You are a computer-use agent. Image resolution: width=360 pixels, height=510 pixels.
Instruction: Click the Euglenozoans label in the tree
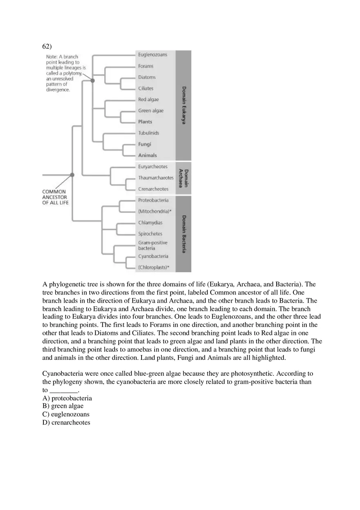[152, 55]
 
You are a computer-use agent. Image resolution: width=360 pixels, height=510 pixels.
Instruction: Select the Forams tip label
[146, 66]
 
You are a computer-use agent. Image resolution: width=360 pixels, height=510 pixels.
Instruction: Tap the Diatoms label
[147, 77]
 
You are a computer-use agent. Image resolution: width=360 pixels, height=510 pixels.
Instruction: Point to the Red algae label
[148, 99]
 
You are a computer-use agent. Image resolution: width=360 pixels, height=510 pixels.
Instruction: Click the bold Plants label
[145, 122]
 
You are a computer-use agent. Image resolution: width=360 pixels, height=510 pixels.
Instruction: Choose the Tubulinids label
[148, 133]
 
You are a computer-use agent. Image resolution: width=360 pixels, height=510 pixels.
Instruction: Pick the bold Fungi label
[144, 144]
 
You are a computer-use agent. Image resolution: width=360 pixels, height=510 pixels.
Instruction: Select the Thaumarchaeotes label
[155, 178]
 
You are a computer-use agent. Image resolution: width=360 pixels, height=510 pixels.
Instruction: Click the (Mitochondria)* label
[154, 211]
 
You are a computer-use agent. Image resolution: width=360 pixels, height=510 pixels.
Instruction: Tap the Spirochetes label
[150, 234]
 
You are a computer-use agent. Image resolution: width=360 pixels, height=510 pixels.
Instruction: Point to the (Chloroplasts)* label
[154, 267]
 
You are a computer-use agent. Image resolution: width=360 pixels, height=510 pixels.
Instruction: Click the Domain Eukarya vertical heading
[184, 105]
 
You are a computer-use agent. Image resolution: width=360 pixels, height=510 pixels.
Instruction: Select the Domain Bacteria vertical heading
[184, 234]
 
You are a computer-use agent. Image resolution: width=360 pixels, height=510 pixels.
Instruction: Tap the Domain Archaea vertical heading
[184, 178]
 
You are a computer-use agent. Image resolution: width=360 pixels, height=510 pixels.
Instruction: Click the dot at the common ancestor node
[72, 175]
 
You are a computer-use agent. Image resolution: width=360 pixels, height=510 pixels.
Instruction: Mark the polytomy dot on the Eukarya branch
[92, 81]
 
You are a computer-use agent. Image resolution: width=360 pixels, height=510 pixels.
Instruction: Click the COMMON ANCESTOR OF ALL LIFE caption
[55, 197]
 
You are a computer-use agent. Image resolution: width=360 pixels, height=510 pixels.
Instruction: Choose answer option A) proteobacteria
[67, 398]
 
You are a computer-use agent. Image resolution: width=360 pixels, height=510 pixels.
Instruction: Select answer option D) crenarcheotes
[66, 422]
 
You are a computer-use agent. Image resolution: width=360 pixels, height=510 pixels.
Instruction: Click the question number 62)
[47, 45]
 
